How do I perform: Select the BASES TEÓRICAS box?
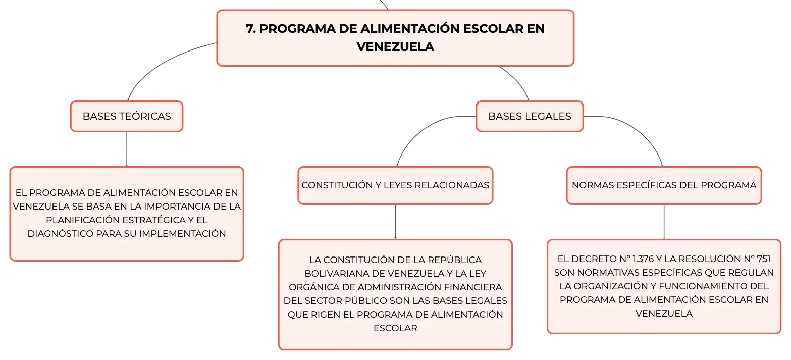click(x=127, y=116)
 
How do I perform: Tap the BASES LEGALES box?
click(x=530, y=116)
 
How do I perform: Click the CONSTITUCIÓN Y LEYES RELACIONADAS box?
click(x=395, y=185)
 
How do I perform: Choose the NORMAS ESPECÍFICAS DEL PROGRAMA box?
click(x=664, y=185)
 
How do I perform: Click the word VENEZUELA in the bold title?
click(x=395, y=47)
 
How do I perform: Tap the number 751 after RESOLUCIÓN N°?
click(x=763, y=259)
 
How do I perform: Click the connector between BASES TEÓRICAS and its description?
click(x=127, y=149)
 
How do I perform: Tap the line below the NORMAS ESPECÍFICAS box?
click(x=664, y=222)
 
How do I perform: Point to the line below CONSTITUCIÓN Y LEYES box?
click(x=395, y=222)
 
